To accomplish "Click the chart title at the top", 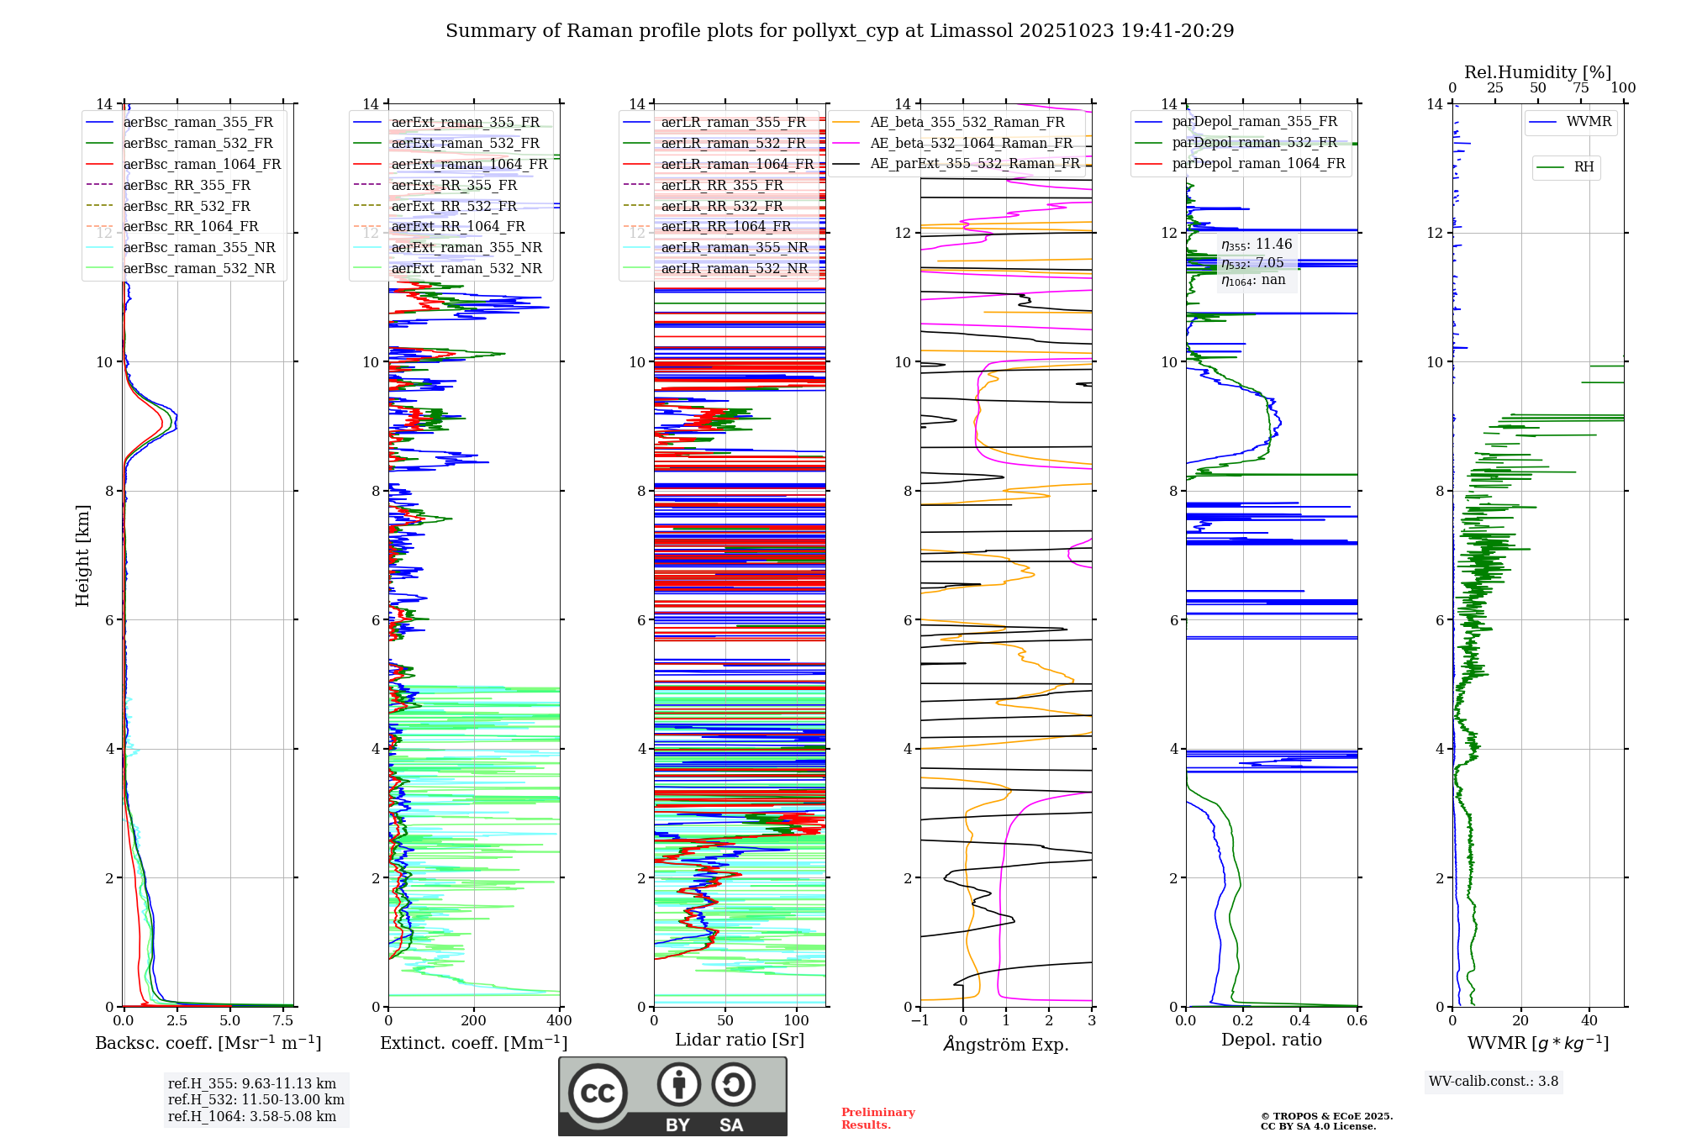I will (840, 31).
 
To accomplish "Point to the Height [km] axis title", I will (82, 555).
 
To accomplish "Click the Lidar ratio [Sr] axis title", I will (740, 1040).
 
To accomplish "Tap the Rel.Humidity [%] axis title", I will (1537, 72).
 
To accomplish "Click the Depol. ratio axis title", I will (1271, 1040).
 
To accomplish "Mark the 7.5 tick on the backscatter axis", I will (283, 1020).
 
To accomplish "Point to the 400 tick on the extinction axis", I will (559, 1020).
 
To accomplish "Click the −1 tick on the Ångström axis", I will (920, 1020).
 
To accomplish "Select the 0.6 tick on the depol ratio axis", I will (1357, 1020).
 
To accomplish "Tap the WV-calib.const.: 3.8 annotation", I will (1493, 1081).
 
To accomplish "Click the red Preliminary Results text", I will (877, 1118).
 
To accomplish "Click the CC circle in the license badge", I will (598, 1093).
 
